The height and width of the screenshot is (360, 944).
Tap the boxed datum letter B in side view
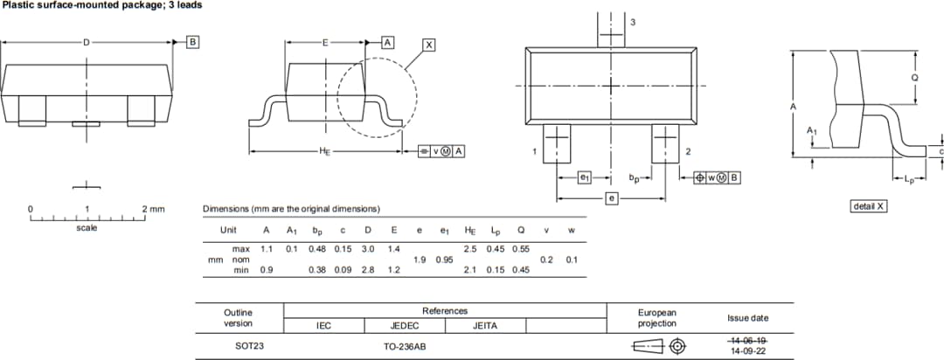tap(193, 41)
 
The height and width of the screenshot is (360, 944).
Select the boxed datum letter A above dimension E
tap(387, 42)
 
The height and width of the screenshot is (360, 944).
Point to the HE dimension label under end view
tap(325, 151)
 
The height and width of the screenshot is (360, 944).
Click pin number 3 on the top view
tap(632, 21)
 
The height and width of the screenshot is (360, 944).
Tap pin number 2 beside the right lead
tap(688, 152)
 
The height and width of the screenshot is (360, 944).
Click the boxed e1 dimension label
tap(585, 177)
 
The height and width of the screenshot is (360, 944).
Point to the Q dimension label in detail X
tap(914, 77)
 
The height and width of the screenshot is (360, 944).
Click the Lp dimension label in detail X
tap(908, 180)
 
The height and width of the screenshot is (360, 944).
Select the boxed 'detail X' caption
tap(869, 206)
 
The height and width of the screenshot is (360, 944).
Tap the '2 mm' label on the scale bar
tap(153, 210)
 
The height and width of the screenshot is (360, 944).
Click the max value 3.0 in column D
tap(367, 250)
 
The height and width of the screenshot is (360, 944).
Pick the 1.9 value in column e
tap(420, 260)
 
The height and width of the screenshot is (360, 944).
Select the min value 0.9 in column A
tap(267, 270)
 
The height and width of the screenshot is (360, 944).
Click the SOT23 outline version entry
tap(249, 346)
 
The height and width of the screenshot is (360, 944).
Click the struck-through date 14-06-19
tap(748, 340)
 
